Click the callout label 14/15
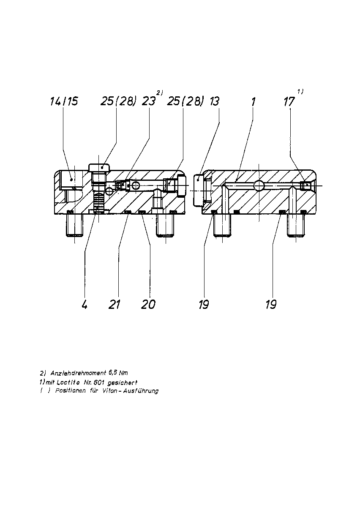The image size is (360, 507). point(64,101)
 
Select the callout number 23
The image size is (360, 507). point(149,101)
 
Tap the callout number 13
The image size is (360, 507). point(214,101)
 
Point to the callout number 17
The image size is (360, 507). point(289,102)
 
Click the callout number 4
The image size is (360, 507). point(85,305)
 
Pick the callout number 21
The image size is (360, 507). point(115,305)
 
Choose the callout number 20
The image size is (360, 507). point(148,305)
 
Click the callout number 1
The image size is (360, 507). point(254,102)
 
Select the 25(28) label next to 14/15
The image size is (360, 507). point(118,101)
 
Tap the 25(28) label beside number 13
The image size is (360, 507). point(184,101)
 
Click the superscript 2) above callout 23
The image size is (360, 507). point(160,93)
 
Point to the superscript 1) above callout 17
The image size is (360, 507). point(300,91)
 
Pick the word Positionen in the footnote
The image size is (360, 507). point(71,391)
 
